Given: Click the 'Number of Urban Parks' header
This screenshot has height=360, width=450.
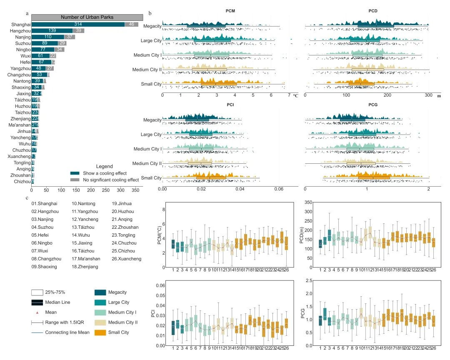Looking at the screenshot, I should [87, 17].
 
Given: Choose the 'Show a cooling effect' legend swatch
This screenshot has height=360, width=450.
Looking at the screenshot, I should [75, 173].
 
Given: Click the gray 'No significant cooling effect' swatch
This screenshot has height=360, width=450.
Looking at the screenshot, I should [75, 180].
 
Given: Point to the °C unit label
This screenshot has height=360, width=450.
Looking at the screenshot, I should [295, 95].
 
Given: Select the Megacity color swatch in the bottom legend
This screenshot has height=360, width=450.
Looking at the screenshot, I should [100, 292].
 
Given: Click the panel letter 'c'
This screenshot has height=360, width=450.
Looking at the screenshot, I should [27, 198].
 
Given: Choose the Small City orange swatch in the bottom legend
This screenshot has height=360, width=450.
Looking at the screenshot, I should [100, 332].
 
